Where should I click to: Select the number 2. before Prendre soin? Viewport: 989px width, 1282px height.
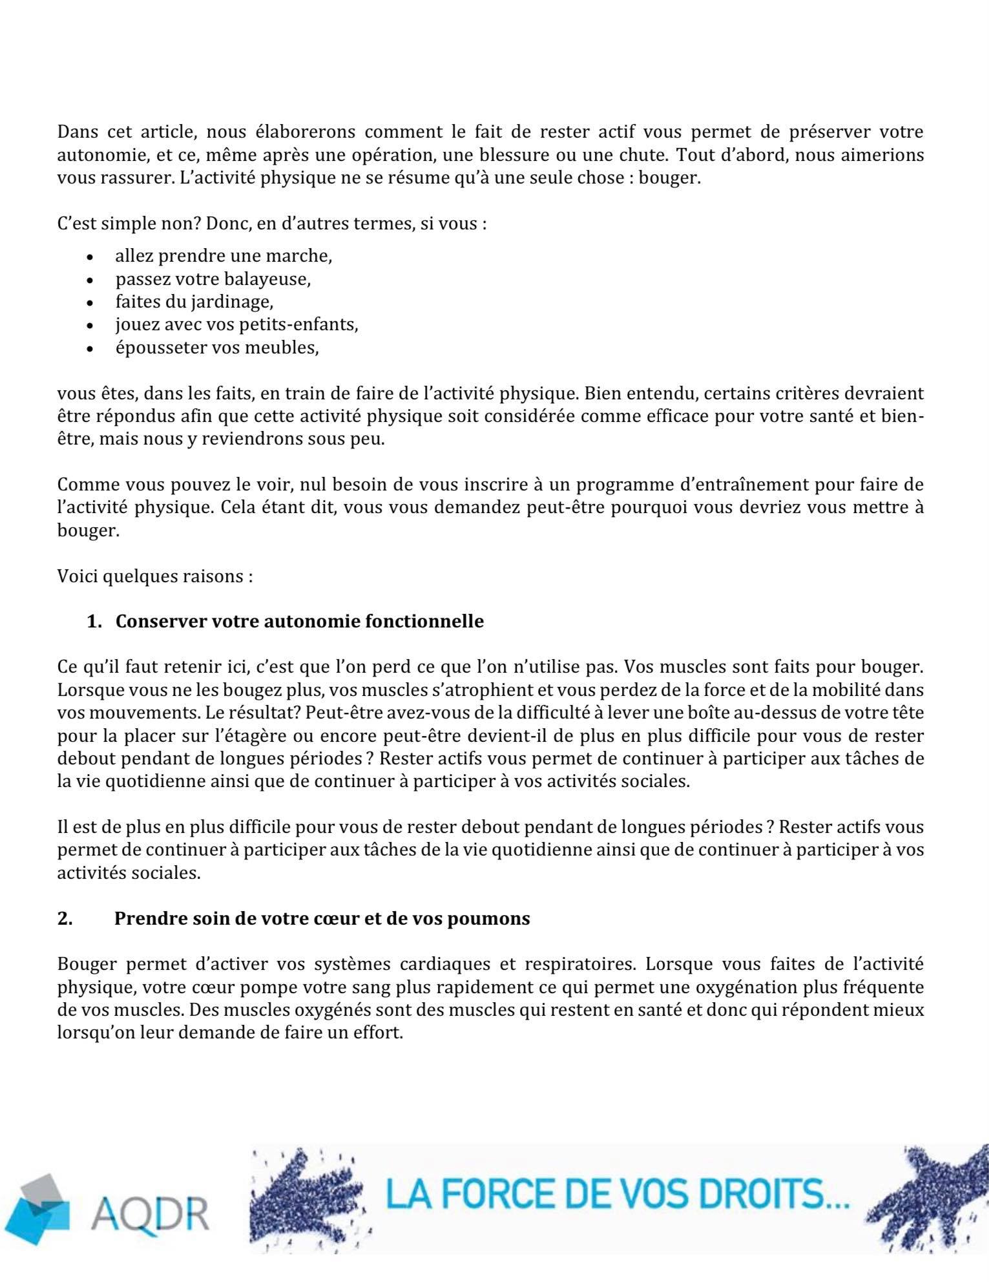[x=65, y=918]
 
